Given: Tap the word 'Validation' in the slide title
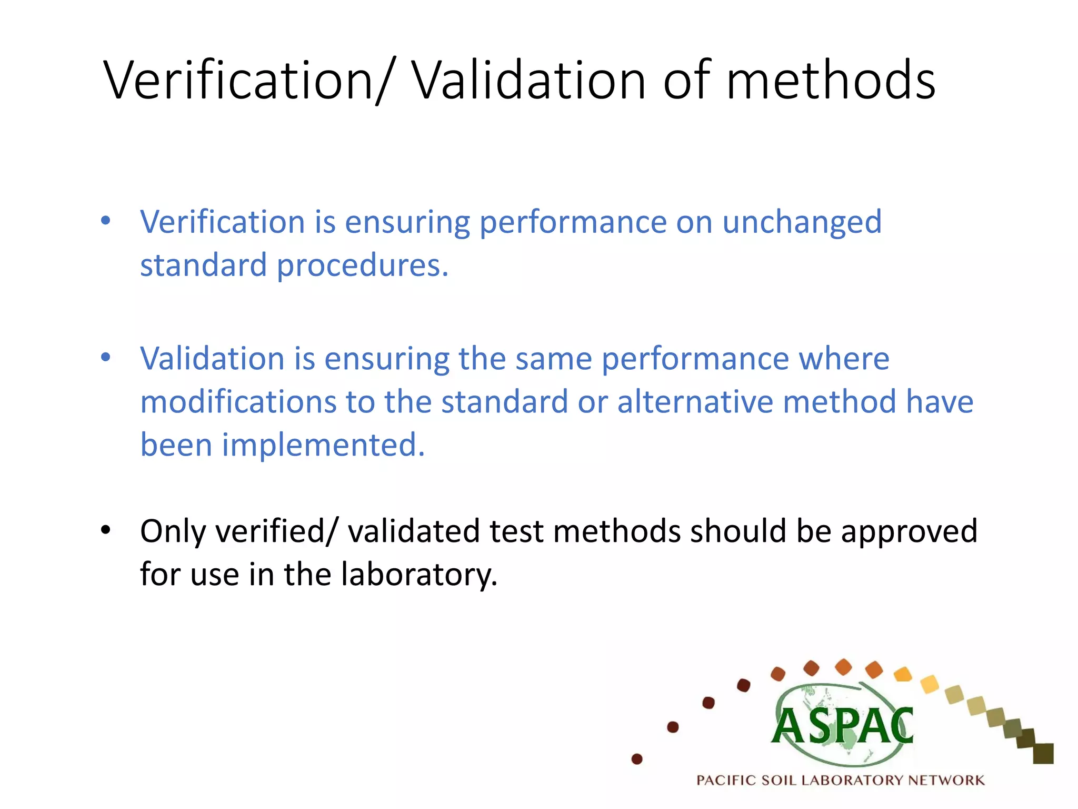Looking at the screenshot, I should [x=528, y=80].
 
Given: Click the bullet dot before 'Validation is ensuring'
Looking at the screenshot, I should [x=106, y=358].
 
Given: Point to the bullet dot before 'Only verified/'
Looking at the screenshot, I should [x=106, y=529].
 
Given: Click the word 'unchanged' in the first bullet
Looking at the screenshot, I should [x=802, y=222].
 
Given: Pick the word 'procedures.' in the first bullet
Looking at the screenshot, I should [x=363, y=265].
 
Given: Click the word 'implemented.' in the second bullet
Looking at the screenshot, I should [x=323, y=445].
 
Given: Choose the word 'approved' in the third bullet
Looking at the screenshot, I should [x=909, y=531].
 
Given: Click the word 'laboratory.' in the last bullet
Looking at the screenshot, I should [x=419, y=574].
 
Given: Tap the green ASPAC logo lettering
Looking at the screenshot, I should [x=843, y=727].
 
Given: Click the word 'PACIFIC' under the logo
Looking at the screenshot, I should [x=726, y=780].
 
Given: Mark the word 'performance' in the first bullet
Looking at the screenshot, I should [x=573, y=222].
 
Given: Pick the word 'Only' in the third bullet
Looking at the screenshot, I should [x=173, y=531].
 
